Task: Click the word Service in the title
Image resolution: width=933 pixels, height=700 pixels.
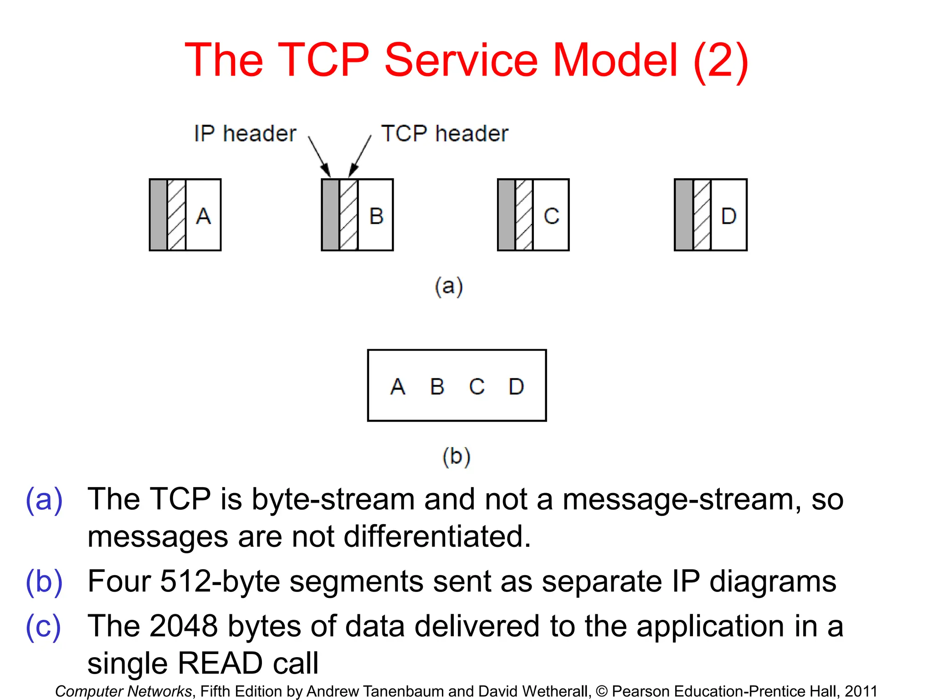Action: click(x=461, y=60)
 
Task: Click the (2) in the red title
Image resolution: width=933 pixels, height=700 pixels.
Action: click(x=721, y=60)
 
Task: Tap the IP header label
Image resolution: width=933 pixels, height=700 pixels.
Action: click(x=245, y=134)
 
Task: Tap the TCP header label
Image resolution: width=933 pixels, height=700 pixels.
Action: click(x=444, y=134)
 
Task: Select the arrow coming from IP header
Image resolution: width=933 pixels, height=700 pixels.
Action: click(x=319, y=156)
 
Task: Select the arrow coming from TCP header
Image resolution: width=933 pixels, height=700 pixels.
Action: click(x=360, y=156)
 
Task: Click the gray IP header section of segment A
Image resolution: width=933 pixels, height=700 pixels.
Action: click(x=159, y=215)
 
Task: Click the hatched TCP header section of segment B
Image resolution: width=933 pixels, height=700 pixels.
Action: click(x=349, y=215)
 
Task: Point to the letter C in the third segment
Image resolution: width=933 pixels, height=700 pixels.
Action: click(x=551, y=216)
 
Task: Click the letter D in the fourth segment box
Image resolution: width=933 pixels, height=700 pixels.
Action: click(x=728, y=216)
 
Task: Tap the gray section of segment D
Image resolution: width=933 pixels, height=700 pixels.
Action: click(x=684, y=215)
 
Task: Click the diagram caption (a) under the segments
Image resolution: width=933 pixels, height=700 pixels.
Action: click(x=449, y=287)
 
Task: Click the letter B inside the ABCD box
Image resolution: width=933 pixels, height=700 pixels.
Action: click(x=437, y=387)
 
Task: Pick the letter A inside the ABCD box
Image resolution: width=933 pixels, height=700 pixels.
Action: click(x=398, y=387)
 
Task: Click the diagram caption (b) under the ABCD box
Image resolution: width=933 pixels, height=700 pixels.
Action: click(x=456, y=456)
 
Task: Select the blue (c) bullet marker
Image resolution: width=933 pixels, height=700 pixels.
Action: click(x=43, y=627)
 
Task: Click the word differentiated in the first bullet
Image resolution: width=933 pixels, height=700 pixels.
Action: click(x=437, y=536)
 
